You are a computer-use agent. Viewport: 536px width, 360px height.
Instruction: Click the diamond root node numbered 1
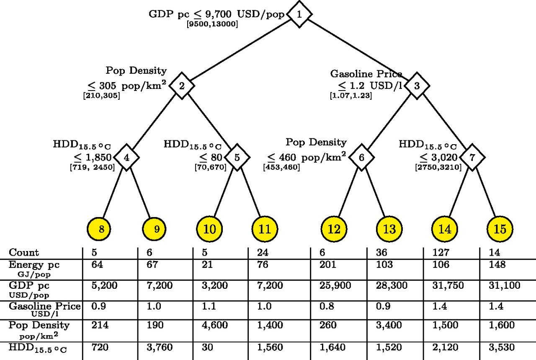point(299,14)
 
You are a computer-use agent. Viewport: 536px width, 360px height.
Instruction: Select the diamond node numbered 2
point(182,86)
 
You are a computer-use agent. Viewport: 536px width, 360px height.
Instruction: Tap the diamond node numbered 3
point(417,86)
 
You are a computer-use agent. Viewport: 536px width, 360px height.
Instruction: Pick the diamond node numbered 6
point(361,158)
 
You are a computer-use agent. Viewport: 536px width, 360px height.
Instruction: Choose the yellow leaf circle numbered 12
point(334,229)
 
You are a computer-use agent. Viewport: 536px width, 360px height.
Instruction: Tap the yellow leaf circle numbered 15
point(500,229)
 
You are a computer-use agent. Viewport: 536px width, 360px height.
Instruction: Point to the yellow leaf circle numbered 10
point(210,229)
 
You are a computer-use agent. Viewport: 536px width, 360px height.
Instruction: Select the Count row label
point(24,253)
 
